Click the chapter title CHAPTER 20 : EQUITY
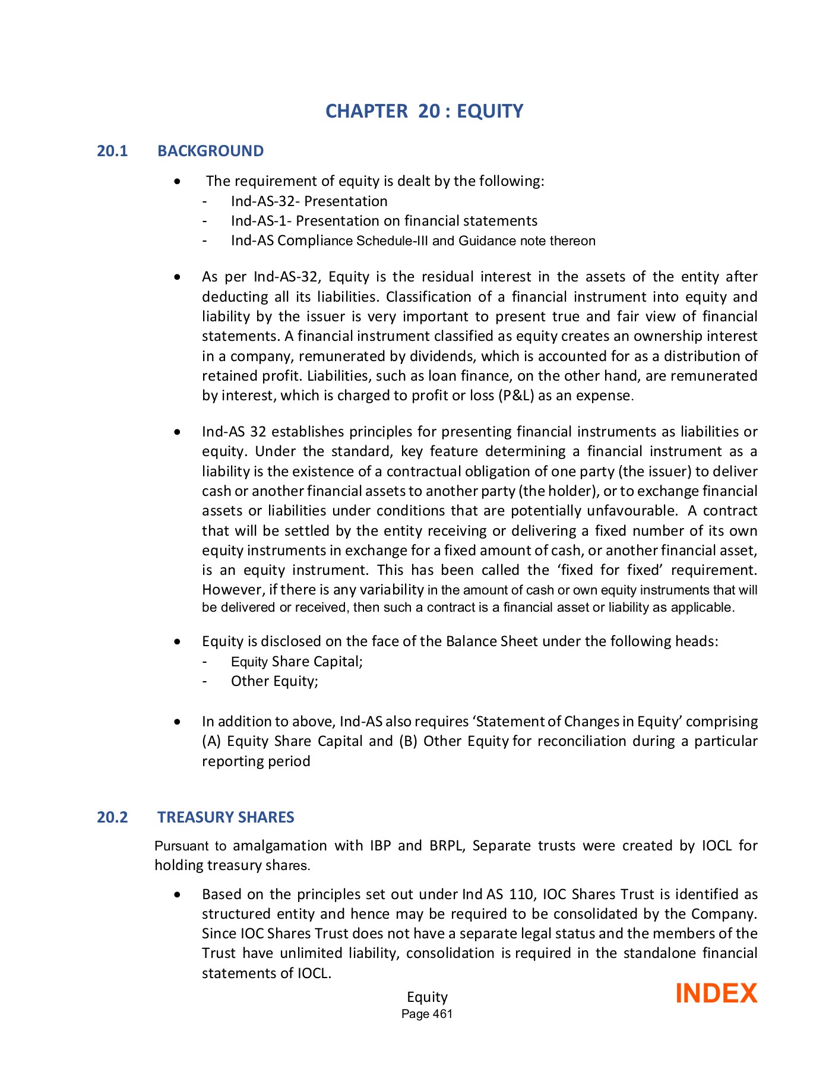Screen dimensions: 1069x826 pyautogui.click(x=424, y=111)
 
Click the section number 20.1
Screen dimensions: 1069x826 pyautogui.click(x=112, y=151)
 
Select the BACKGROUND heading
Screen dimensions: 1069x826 pyautogui.click(x=210, y=151)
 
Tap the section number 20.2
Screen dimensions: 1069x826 pyautogui.click(x=112, y=817)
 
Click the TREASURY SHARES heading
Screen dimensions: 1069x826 pyautogui.click(x=226, y=817)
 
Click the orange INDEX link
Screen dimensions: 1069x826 pyautogui.click(x=716, y=994)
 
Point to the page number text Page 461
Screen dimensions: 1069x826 pyautogui.click(x=427, y=1014)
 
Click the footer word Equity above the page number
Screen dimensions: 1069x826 pyautogui.click(x=427, y=997)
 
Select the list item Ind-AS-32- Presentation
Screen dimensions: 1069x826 pyautogui.click(x=309, y=201)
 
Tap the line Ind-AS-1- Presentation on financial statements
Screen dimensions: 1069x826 pyautogui.click(x=384, y=221)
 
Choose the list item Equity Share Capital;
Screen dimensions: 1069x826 pyautogui.click(x=296, y=662)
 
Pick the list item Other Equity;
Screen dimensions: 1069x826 pyautogui.click(x=274, y=681)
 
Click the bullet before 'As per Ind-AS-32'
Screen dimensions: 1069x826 pyautogui.click(x=177, y=277)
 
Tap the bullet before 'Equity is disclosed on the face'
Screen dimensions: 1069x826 pyautogui.click(x=177, y=642)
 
